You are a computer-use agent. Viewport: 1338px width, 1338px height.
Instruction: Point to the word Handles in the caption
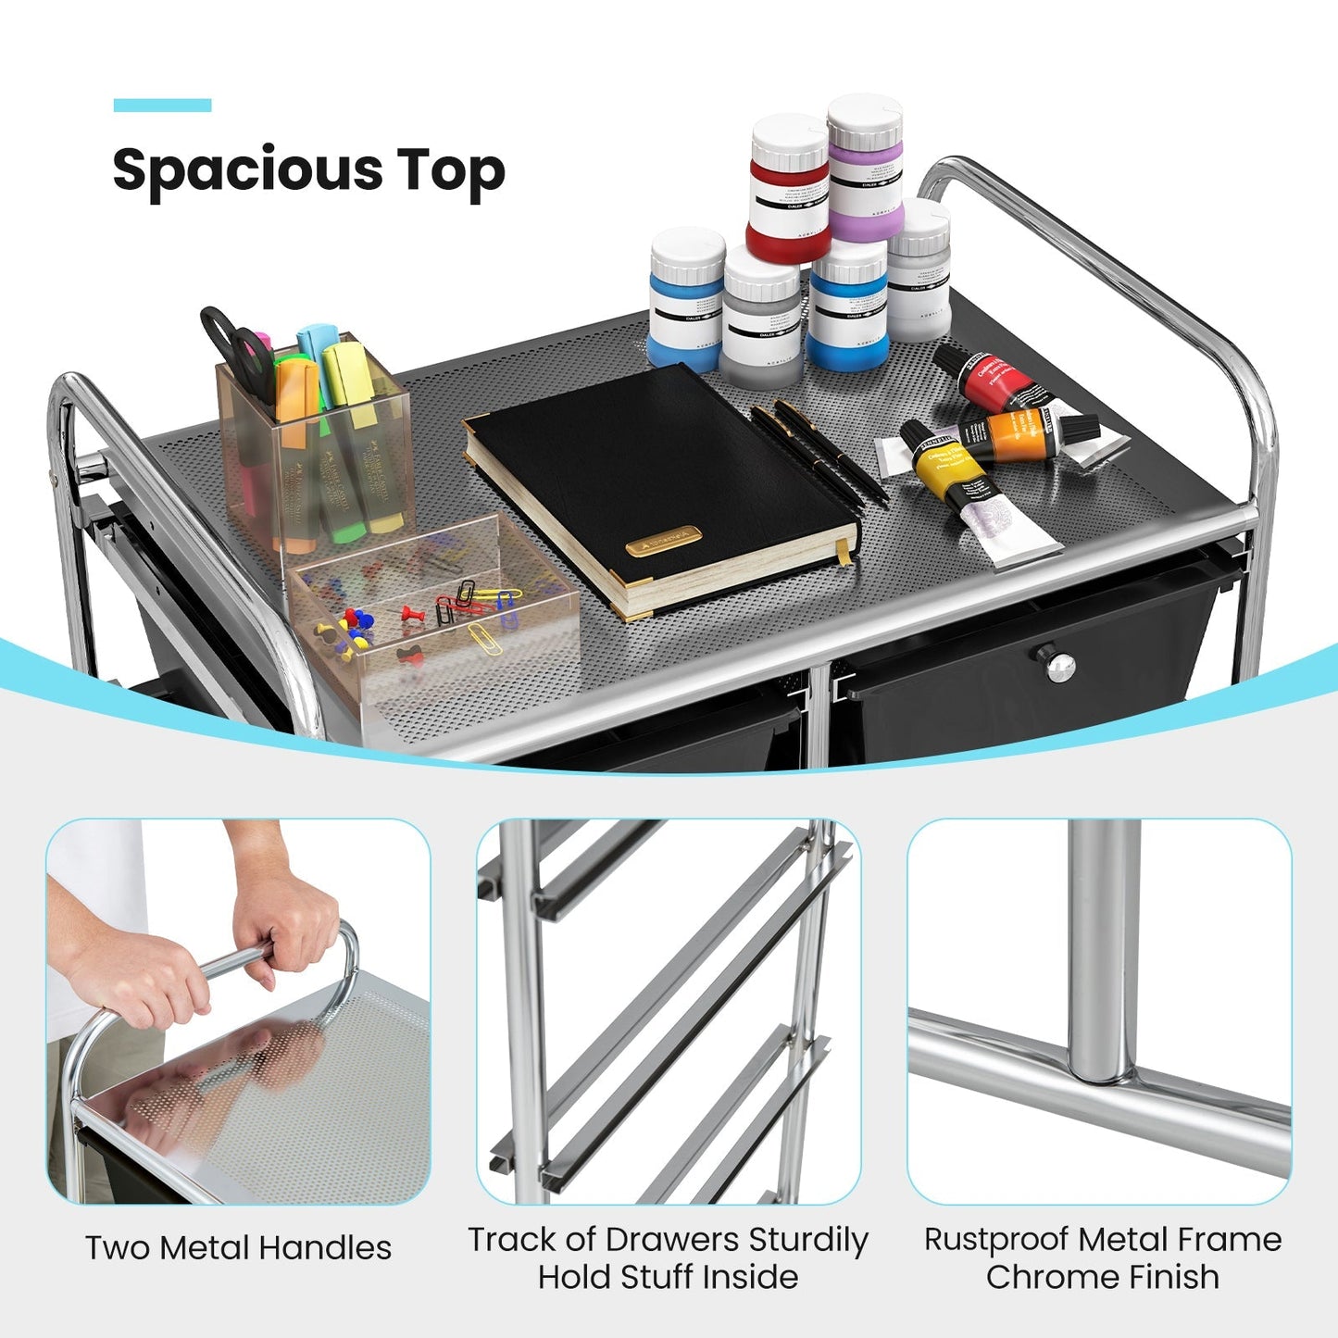[324, 1248]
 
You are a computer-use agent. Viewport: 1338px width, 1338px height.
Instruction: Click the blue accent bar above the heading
[162, 106]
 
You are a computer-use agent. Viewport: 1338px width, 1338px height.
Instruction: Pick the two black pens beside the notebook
[819, 453]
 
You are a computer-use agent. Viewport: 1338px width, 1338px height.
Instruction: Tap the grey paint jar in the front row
[761, 319]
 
